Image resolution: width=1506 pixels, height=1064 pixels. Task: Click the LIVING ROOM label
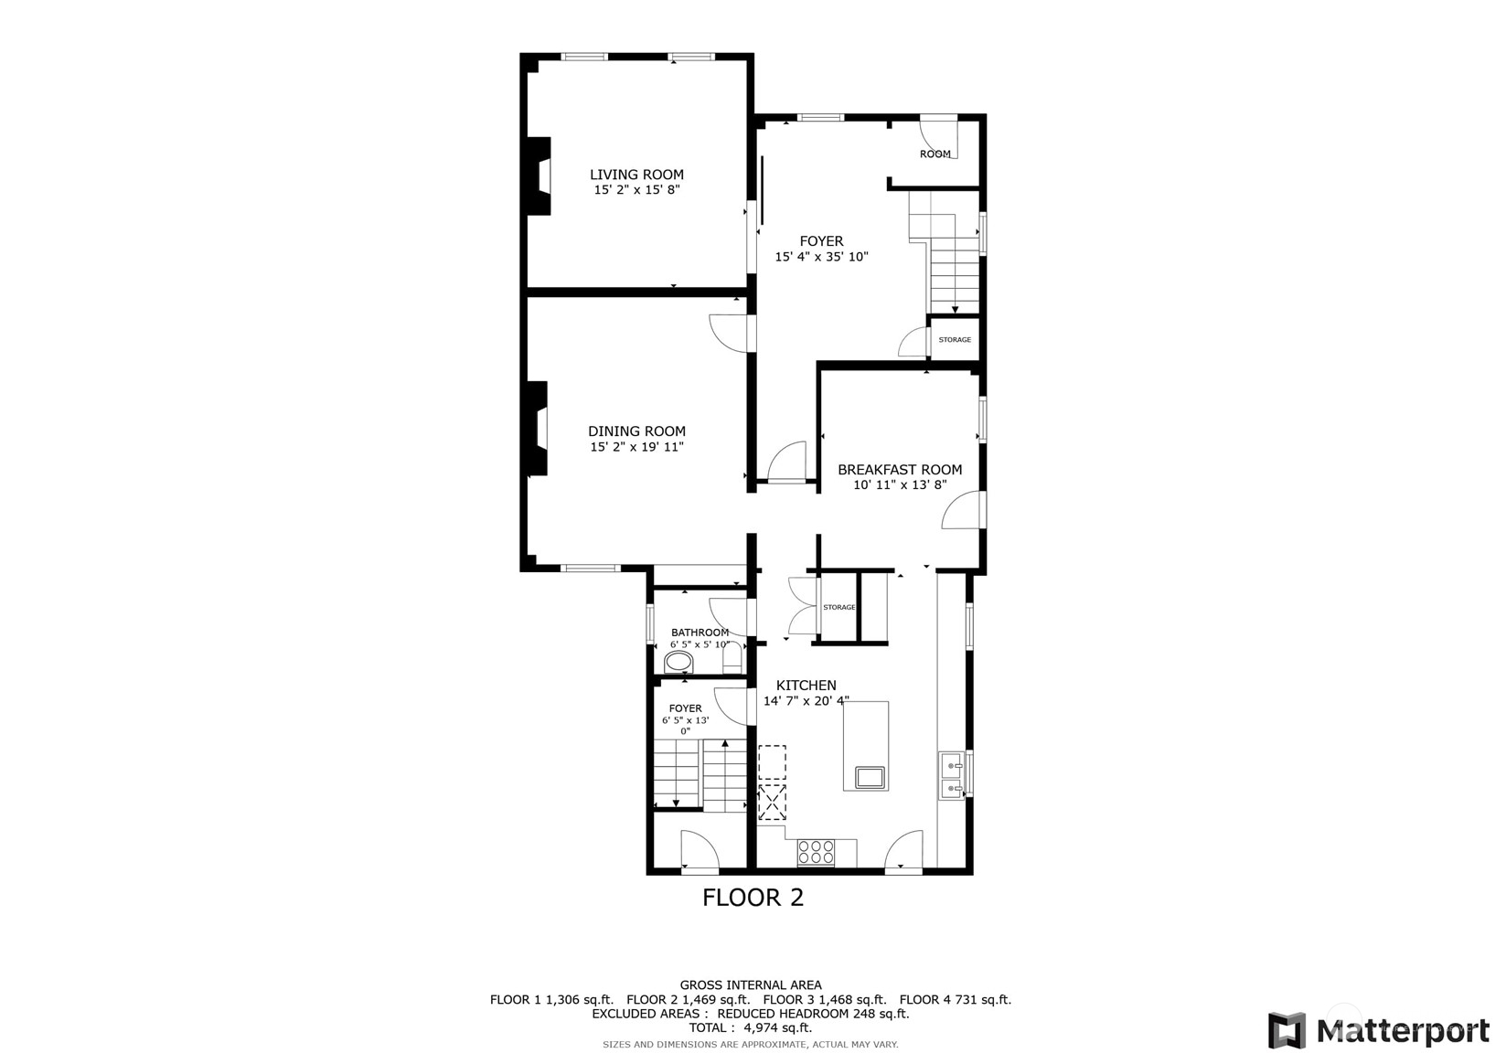[636, 175]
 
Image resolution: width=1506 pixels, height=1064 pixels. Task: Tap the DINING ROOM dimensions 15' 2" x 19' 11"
[636, 447]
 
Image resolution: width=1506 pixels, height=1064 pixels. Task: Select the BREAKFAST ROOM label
[900, 470]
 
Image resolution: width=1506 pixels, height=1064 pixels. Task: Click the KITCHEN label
[806, 686]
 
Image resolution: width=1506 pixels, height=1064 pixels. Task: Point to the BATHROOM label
[700, 633]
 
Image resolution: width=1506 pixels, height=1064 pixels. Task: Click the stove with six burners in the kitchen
[816, 852]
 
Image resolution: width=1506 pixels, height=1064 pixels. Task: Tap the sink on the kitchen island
[870, 778]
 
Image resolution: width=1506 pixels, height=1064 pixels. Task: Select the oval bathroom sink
[679, 661]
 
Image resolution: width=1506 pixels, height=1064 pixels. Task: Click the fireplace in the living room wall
[539, 176]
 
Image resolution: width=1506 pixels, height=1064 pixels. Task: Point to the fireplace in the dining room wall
[537, 428]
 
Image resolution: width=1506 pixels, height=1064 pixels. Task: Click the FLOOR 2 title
[753, 898]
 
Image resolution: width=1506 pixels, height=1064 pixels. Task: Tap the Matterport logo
[1379, 1031]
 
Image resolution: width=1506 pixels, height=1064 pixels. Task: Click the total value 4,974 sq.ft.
[777, 1027]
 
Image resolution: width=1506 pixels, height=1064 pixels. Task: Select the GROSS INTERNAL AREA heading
[751, 985]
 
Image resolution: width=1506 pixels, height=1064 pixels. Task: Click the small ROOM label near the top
[935, 154]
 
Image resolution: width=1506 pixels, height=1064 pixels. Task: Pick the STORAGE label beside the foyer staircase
[955, 340]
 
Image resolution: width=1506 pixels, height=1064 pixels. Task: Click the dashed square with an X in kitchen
[772, 804]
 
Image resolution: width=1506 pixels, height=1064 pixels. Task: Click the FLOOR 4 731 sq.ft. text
[955, 1000]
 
